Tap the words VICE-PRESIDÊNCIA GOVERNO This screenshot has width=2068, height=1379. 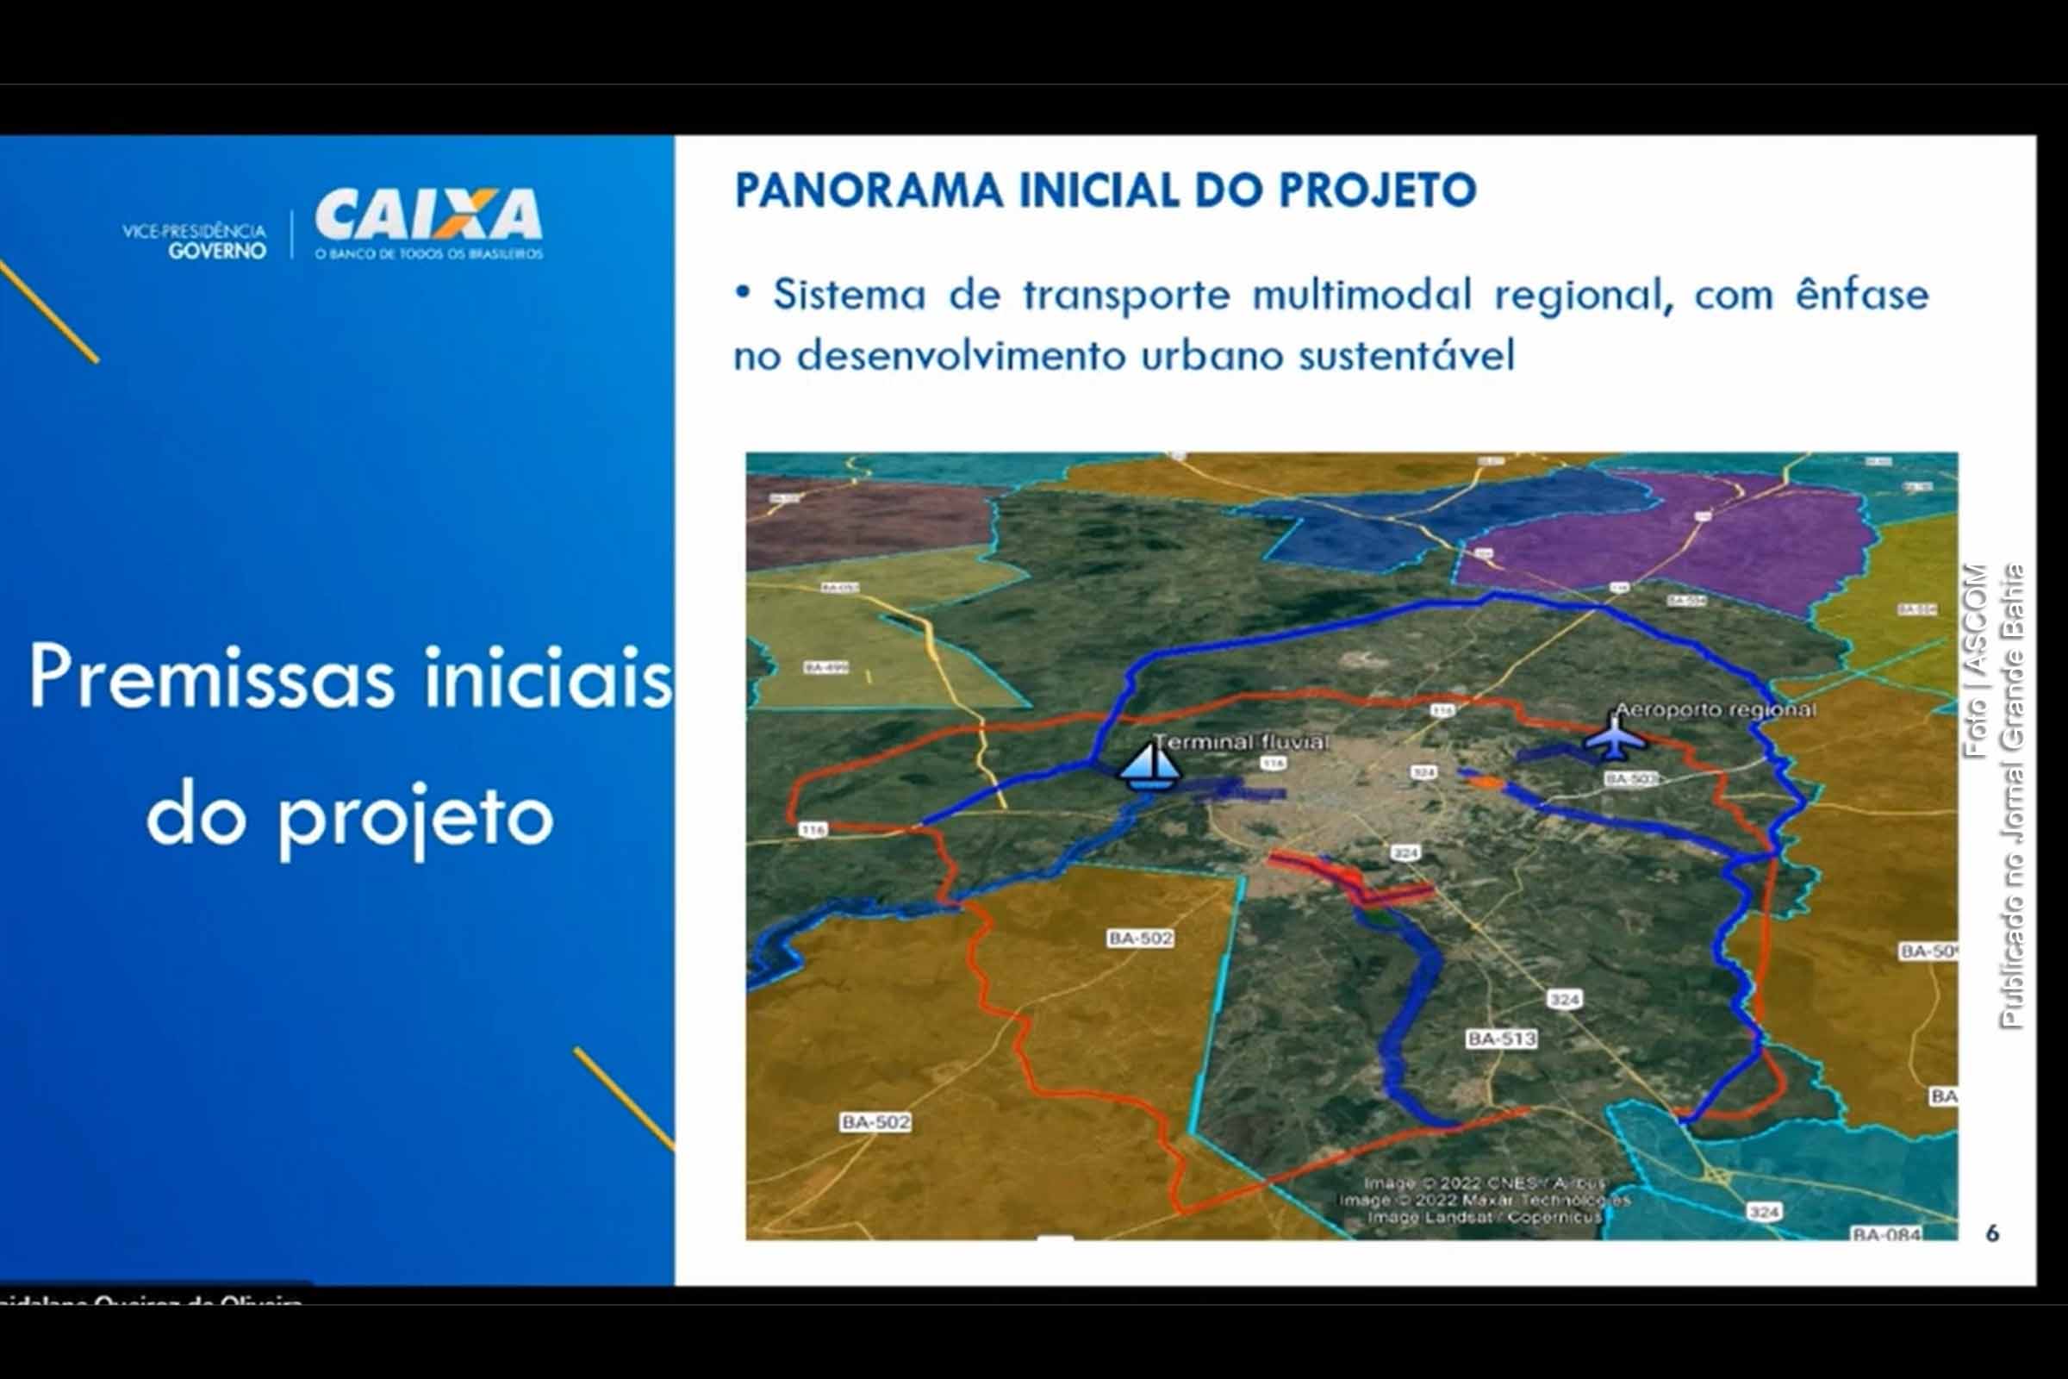click(x=196, y=240)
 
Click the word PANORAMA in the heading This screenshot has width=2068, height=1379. click(x=868, y=190)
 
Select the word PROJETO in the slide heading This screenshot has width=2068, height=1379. click(x=1377, y=190)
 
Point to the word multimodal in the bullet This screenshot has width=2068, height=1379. click(x=1361, y=295)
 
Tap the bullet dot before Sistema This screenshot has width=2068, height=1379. click(x=743, y=293)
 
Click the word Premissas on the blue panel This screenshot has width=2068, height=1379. click(x=212, y=677)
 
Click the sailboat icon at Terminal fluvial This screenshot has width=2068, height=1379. click(x=1149, y=765)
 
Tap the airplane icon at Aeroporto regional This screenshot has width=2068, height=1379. click(x=1614, y=737)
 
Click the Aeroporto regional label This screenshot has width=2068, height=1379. click(x=1715, y=709)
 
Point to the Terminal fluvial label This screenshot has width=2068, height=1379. click(x=1240, y=742)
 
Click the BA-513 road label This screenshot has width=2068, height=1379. click(x=1501, y=1039)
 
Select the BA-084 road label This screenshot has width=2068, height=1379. click(x=1886, y=1234)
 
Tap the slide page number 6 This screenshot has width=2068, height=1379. click(x=1992, y=1234)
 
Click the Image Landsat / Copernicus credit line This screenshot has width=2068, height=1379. click(x=1484, y=1217)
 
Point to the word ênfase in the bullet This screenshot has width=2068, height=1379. click(x=1861, y=295)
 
